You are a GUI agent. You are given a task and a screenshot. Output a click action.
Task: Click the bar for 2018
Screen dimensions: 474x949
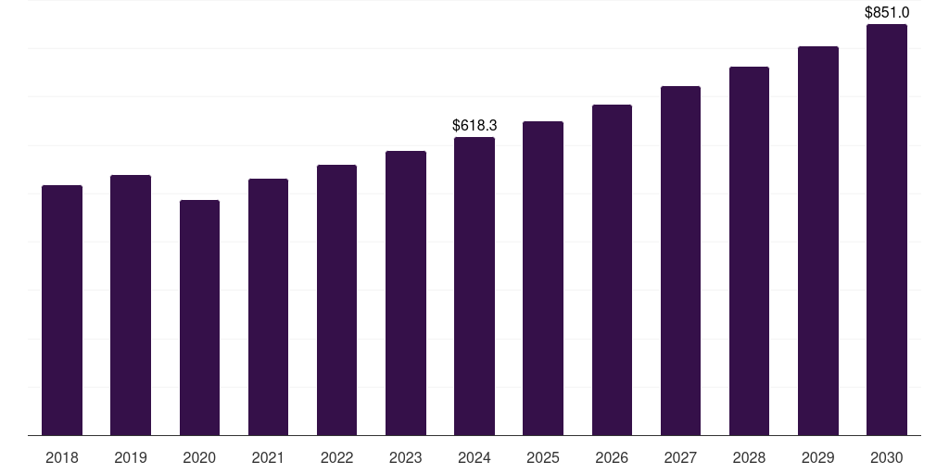tap(62, 310)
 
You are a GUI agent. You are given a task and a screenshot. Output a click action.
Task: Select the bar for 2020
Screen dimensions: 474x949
tap(199, 318)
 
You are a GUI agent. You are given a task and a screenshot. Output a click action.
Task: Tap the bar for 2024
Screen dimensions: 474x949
tap(474, 286)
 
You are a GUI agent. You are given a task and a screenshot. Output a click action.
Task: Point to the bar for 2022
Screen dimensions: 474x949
tap(336, 300)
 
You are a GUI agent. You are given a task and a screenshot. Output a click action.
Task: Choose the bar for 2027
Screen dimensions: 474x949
tap(680, 260)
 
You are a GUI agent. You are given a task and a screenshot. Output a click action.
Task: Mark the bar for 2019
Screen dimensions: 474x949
tap(131, 305)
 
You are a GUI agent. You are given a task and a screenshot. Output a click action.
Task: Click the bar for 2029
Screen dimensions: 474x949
tap(817, 241)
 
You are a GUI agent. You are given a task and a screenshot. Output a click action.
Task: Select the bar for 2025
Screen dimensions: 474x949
tap(543, 278)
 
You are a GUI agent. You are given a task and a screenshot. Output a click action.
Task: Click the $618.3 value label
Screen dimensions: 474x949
tap(474, 125)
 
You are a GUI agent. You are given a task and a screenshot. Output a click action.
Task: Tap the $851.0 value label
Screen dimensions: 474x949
tap(887, 12)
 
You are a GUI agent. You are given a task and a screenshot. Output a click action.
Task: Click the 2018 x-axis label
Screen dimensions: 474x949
tap(62, 457)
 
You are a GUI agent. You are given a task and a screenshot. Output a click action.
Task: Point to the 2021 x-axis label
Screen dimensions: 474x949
tap(268, 457)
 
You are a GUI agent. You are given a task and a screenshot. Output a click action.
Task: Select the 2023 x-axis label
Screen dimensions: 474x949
tap(406, 457)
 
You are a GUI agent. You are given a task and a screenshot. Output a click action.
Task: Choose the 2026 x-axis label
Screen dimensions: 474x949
tap(612, 457)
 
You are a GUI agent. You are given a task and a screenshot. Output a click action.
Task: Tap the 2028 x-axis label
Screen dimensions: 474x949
tap(749, 457)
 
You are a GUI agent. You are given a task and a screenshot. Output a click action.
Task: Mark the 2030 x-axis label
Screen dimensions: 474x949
tap(886, 457)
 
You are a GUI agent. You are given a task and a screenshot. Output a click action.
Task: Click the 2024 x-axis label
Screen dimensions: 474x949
tap(474, 457)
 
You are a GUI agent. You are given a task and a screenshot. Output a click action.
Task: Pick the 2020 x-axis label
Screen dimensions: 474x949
tap(199, 457)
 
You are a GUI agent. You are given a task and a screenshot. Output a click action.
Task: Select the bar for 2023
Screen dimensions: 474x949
tap(406, 293)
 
